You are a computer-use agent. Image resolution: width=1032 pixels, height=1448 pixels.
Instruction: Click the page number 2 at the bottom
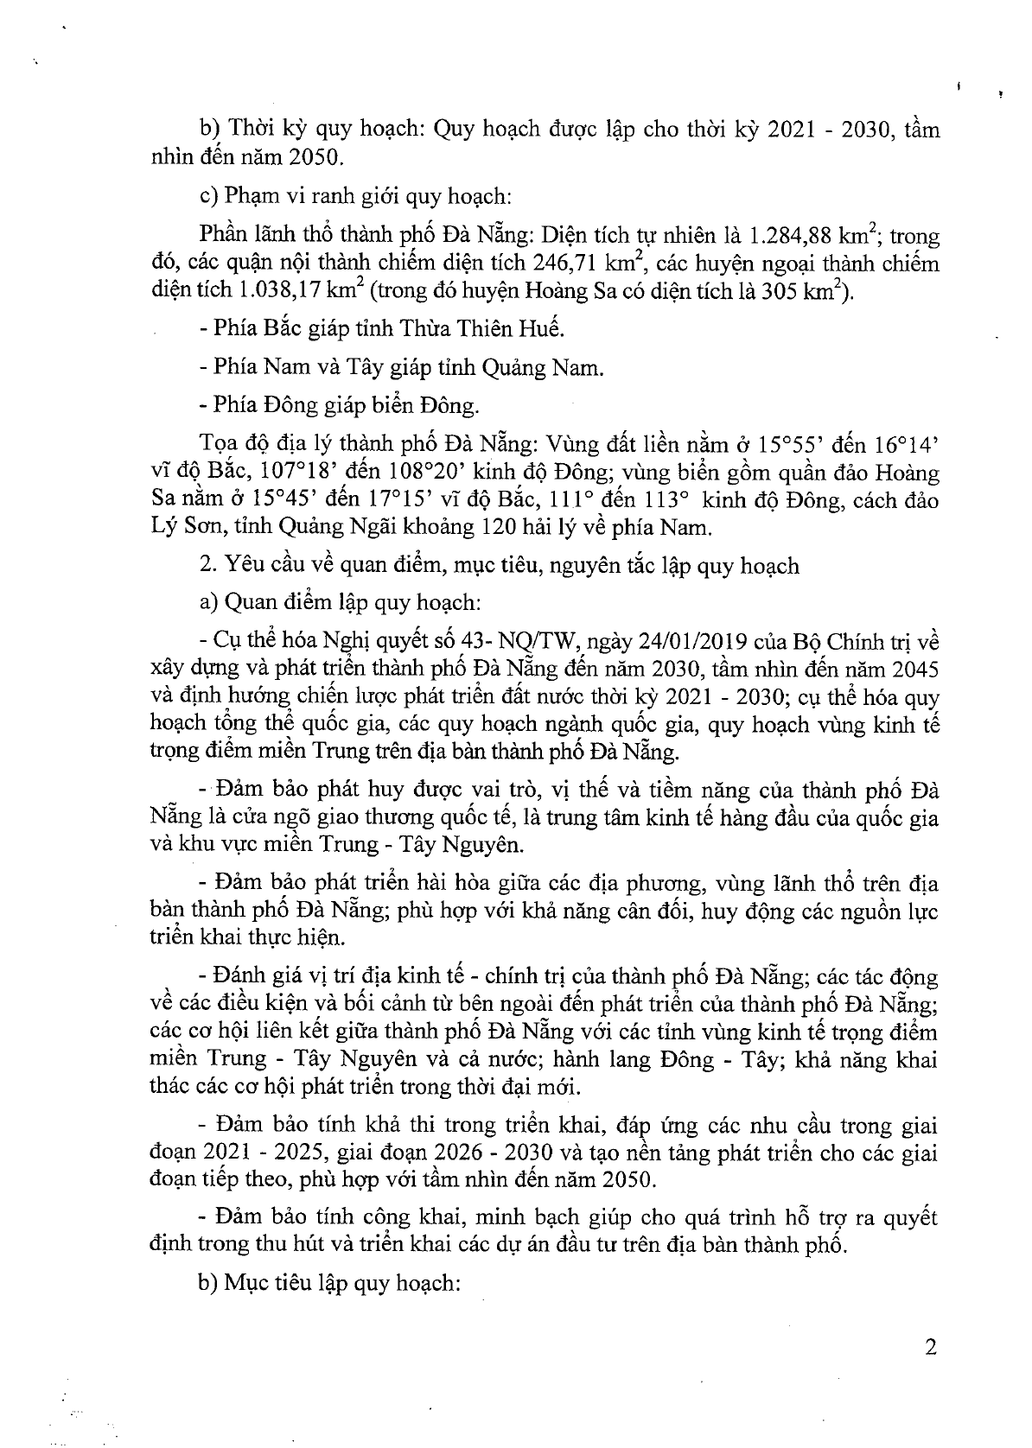click(930, 1347)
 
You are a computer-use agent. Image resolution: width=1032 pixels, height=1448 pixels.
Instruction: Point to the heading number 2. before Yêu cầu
click(207, 567)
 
